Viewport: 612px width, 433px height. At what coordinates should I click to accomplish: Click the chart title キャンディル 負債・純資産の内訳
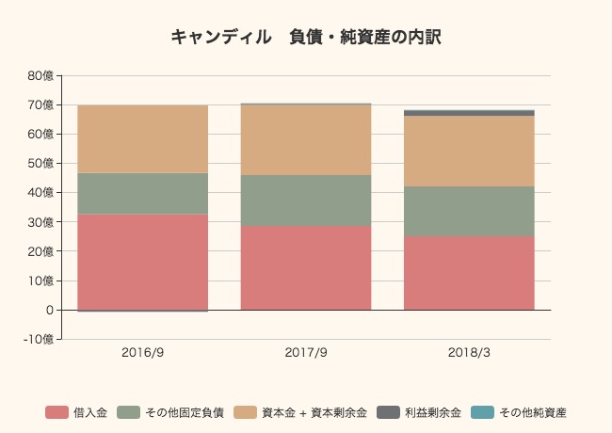[x=306, y=38]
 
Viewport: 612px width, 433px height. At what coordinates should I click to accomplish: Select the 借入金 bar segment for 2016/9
[x=142, y=262]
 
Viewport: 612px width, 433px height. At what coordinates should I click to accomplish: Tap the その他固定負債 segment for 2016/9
[x=142, y=193]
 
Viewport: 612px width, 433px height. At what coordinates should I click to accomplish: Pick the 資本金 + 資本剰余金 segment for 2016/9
[x=142, y=139]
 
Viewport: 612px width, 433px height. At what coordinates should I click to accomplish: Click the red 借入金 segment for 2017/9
[x=305, y=267]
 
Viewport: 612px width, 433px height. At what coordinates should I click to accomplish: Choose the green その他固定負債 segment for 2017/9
[x=305, y=200]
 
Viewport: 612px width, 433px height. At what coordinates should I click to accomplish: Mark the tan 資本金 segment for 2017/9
[x=305, y=139]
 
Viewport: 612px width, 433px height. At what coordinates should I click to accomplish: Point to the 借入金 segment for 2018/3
[x=469, y=273]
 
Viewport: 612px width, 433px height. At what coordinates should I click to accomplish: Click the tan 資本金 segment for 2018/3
[x=469, y=151]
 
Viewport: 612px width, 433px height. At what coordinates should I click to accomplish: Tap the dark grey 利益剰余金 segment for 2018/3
[x=469, y=113]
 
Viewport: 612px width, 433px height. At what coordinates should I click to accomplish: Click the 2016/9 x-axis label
[x=142, y=354]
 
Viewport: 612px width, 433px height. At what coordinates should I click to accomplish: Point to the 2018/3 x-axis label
[x=469, y=354]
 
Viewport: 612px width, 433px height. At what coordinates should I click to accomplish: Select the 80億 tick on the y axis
[x=40, y=75]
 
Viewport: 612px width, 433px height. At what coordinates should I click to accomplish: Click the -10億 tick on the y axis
[x=39, y=339]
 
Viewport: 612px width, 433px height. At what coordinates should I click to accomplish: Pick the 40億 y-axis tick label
[x=40, y=193]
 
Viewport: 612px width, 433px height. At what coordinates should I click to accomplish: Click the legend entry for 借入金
[x=76, y=412]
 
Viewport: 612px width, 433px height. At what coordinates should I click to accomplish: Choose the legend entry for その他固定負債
[x=170, y=412]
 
